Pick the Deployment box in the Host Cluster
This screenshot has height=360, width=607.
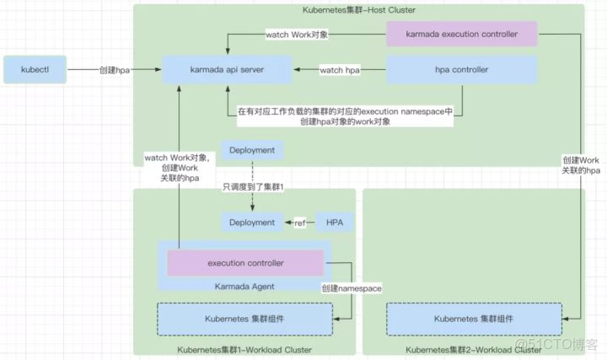251,149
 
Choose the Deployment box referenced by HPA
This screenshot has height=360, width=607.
251,223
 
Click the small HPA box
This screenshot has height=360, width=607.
335,223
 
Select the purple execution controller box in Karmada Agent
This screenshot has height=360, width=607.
245,263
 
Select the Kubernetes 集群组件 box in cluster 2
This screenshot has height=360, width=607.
474,319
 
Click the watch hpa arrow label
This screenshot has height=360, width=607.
340,70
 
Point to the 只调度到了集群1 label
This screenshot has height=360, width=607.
253,185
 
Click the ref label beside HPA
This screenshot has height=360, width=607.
299,223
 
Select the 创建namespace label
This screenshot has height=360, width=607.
352,288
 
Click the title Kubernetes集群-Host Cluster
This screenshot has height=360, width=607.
359,9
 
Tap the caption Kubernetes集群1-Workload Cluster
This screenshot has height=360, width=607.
245,350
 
